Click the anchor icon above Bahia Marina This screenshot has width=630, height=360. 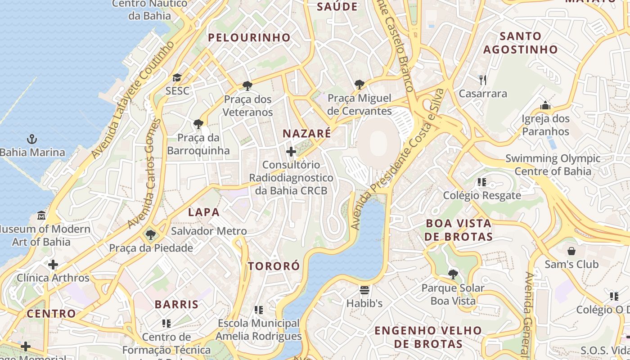pos(31,139)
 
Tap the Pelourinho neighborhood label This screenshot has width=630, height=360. pos(249,38)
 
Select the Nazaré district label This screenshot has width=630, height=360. pos(306,133)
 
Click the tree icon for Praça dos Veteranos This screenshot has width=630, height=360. pos(247,85)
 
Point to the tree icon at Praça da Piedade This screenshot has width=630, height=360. pos(151,234)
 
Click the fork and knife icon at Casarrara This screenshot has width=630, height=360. pos(483,80)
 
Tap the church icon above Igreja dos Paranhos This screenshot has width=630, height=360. pos(545,106)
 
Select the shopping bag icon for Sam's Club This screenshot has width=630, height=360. pos(571,251)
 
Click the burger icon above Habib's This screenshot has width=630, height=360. pos(364,290)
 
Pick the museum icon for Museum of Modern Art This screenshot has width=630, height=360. pos(41,215)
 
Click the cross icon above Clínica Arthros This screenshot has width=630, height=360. pos(53,264)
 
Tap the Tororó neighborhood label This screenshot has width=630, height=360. pos(274,266)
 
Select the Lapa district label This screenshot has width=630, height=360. pos(203,212)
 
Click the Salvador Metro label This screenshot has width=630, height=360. pos(209,231)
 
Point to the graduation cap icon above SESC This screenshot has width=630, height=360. pos(177,77)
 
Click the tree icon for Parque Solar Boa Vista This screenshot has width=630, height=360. pos(453,274)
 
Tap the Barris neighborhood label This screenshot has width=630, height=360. pos(176,305)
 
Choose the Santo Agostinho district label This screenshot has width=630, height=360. pos(521,43)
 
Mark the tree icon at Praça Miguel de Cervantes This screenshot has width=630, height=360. pos(359,84)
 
